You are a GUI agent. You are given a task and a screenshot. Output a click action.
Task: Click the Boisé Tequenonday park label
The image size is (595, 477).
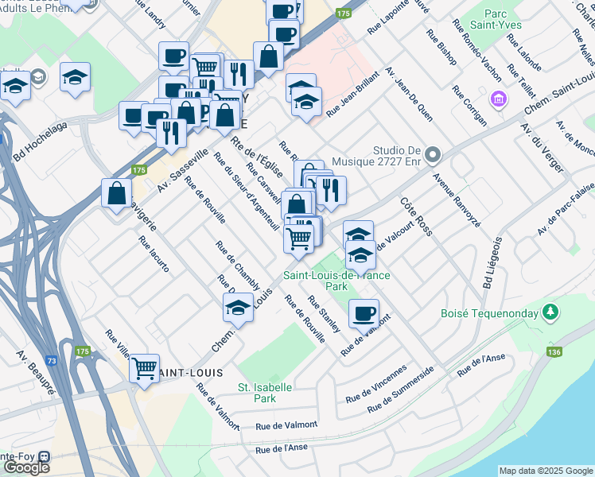tap(488, 313)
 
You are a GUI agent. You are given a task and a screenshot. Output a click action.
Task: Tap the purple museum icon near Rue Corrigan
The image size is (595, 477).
tap(500, 100)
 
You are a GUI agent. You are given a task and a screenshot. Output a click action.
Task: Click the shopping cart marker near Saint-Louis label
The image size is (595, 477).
tap(144, 368)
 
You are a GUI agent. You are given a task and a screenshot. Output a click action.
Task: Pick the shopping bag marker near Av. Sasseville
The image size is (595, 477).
tap(116, 192)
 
